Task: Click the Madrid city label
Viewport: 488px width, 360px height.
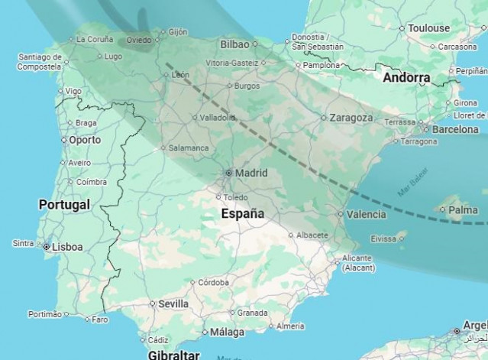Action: (251, 173)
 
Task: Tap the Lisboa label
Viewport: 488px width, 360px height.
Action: (67, 247)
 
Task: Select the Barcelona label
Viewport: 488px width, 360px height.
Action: (455, 129)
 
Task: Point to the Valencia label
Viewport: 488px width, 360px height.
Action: (366, 215)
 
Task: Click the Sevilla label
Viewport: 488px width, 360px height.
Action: (173, 303)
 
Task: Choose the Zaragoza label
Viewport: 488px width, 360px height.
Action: (351, 118)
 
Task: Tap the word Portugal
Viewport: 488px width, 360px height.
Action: (64, 204)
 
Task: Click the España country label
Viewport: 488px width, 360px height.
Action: (242, 214)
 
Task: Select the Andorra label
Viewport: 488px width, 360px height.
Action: (406, 78)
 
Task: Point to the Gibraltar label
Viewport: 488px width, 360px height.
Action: (173, 355)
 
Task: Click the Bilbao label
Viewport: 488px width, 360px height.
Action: (235, 44)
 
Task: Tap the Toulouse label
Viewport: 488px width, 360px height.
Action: (428, 28)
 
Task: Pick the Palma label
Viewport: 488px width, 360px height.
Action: (464, 209)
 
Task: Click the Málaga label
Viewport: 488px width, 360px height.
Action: (228, 332)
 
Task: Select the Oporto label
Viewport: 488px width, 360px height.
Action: (84, 140)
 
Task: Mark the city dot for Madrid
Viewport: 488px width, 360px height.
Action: (228, 173)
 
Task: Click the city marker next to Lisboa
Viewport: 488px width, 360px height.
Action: (46, 247)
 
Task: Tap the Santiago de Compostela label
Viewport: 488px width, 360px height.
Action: (39, 61)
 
